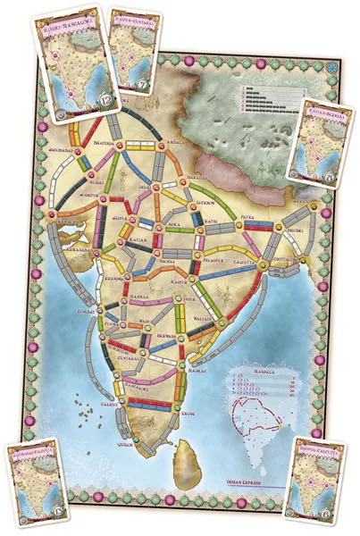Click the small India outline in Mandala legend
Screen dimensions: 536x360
point(259,420)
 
